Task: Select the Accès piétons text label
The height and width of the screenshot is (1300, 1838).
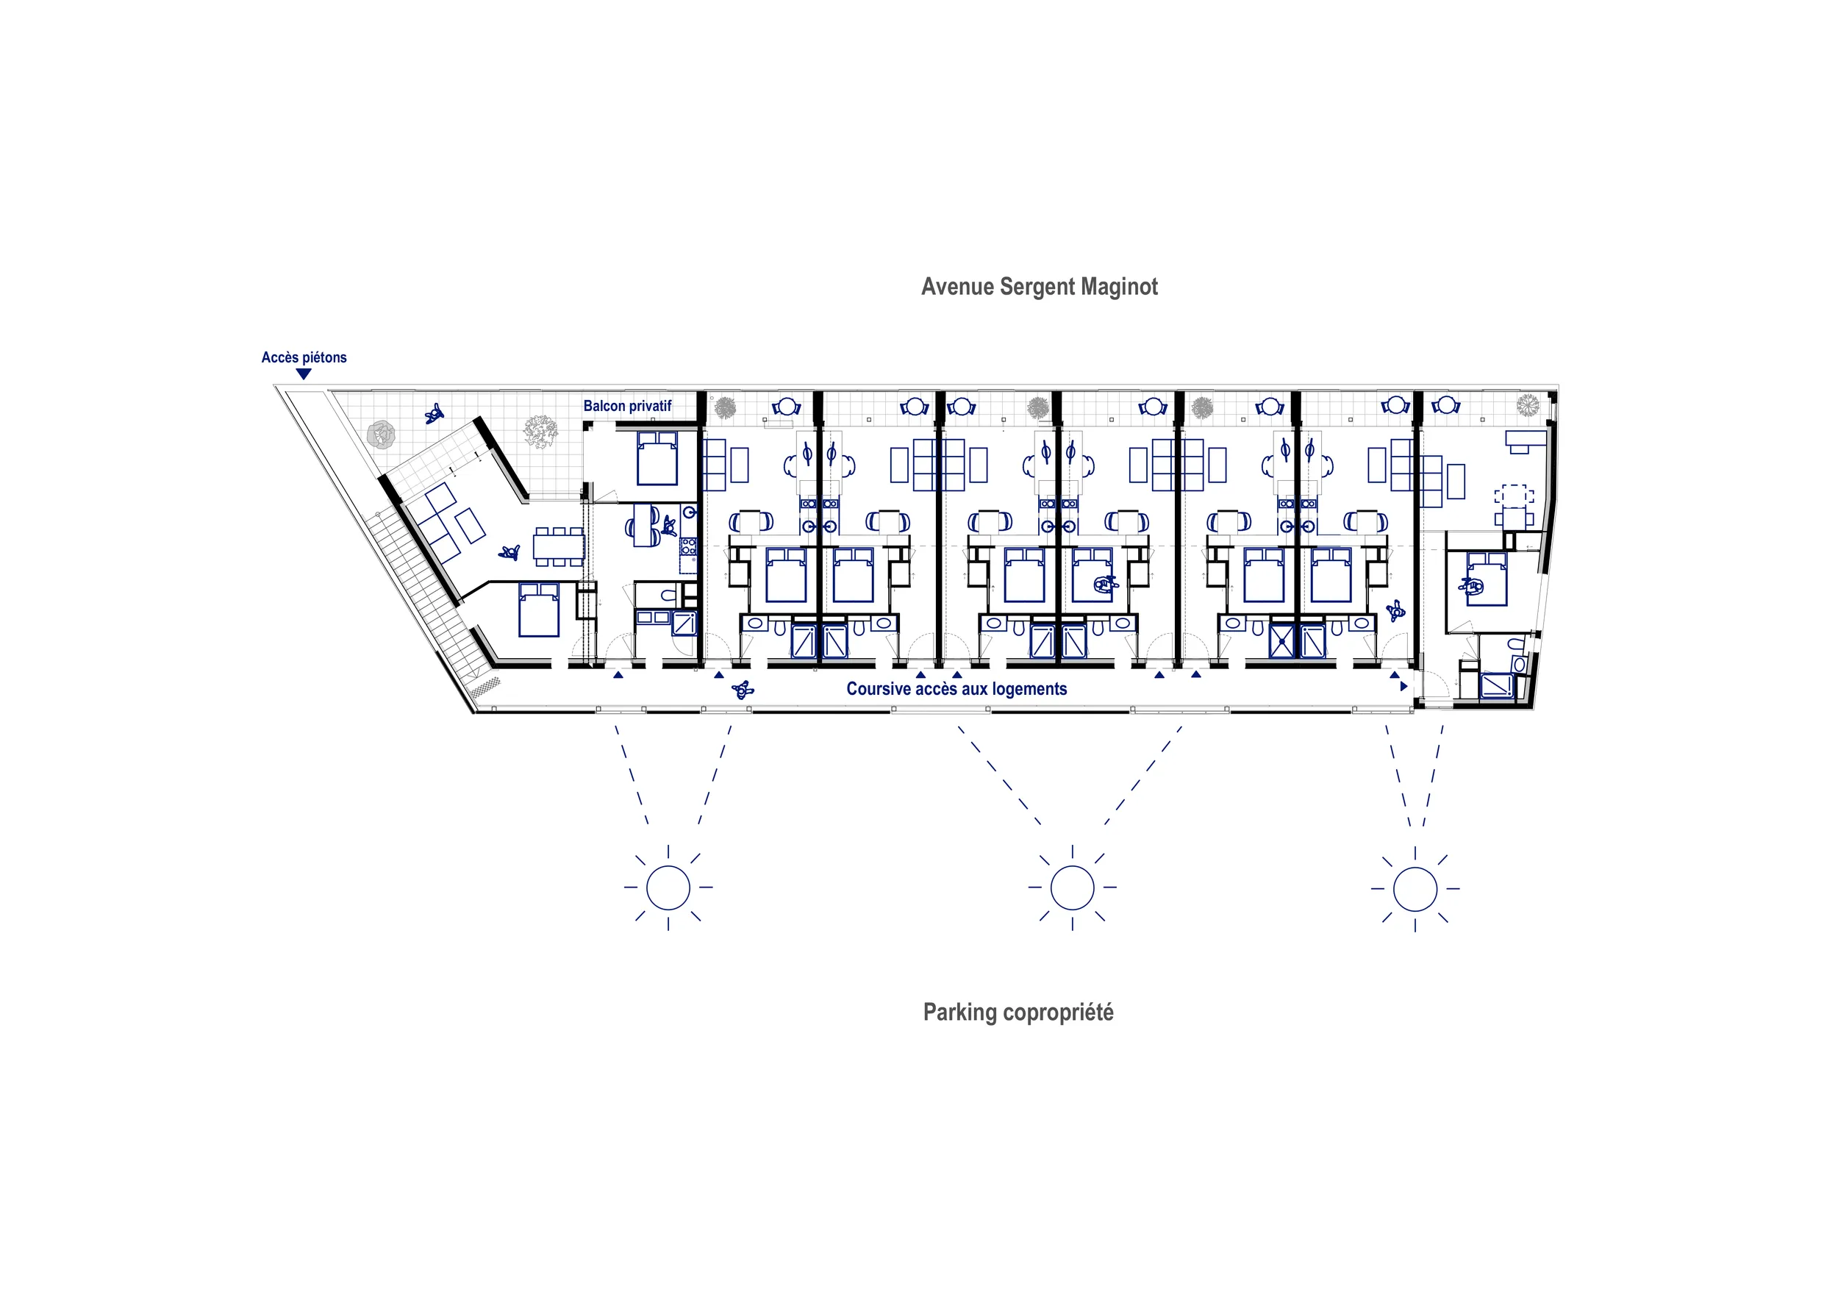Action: [304, 357]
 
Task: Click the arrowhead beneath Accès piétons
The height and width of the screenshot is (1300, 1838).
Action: [304, 374]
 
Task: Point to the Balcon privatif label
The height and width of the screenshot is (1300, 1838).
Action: [628, 406]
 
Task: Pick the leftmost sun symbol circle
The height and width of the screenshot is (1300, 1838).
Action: [668, 887]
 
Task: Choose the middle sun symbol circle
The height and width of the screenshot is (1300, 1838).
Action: [1072, 887]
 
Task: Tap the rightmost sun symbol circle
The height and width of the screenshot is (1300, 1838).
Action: [1415, 888]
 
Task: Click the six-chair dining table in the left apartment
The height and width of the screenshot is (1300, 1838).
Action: [559, 547]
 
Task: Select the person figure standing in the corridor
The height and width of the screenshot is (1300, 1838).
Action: [743, 689]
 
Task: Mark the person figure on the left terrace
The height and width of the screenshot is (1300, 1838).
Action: [434, 413]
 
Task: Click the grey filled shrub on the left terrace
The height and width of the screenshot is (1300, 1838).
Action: [381, 435]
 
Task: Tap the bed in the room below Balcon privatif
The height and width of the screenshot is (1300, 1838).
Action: [657, 459]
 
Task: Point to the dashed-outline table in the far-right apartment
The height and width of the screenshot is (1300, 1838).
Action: [1514, 496]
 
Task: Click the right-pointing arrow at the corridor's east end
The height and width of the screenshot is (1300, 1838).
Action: [1404, 687]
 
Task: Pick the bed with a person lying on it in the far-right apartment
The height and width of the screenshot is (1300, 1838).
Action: [1487, 579]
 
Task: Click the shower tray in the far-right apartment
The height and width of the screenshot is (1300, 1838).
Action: [1496, 686]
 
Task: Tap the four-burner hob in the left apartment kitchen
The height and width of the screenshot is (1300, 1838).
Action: [688, 547]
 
